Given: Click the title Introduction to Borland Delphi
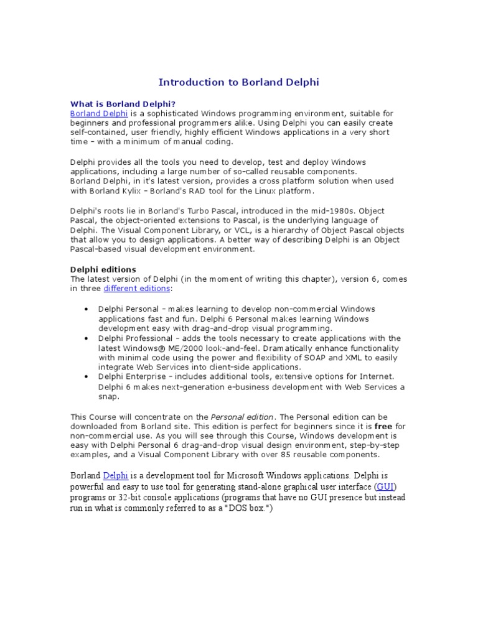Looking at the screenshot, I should (x=239, y=82).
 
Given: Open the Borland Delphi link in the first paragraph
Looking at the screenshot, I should (x=99, y=114).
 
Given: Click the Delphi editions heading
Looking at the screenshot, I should (x=103, y=269).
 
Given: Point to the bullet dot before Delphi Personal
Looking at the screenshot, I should (x=85, y=309).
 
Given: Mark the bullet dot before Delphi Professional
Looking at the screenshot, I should (x=85, y=338).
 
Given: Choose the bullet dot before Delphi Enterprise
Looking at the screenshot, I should (x=85, y=377).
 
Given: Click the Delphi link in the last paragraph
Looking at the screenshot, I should (x=116, y=476).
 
